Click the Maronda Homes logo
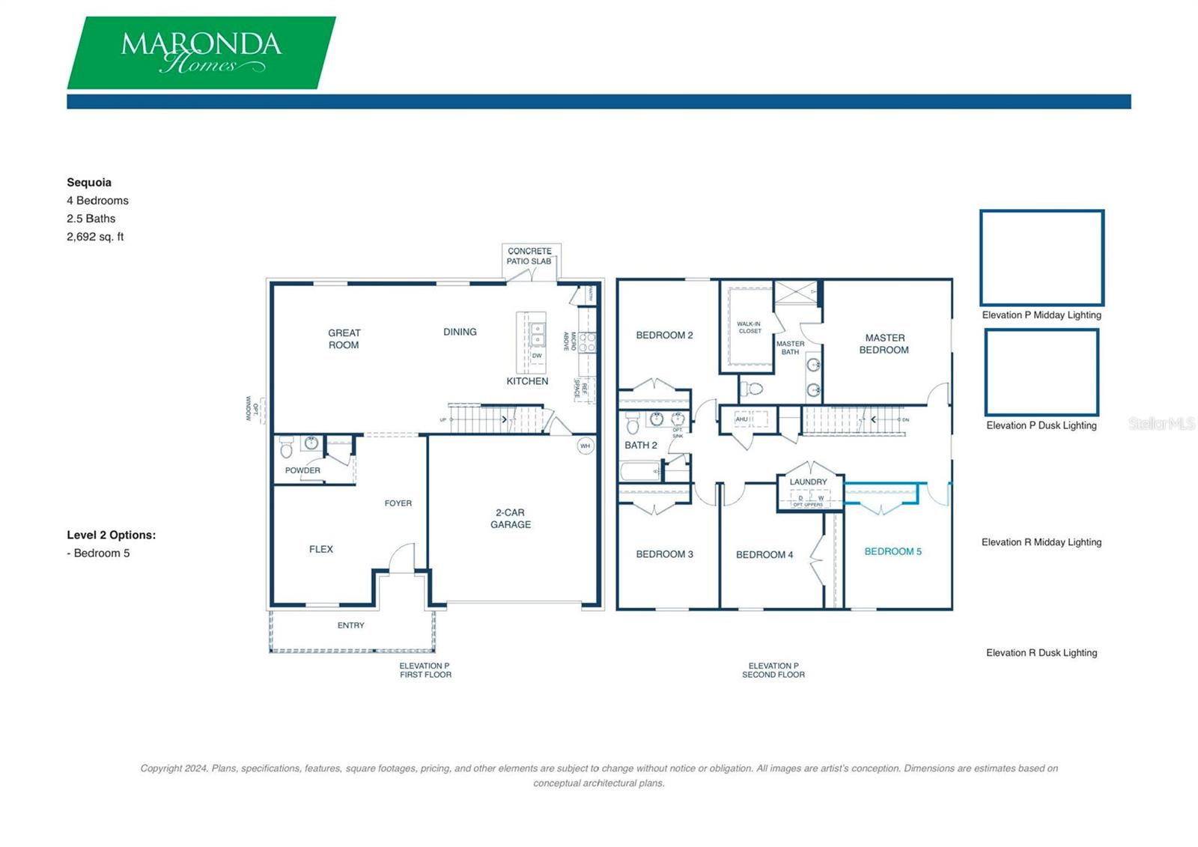(x=201, y=52)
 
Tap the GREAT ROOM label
(x=344, y=339)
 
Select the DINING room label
(x=460, y=332)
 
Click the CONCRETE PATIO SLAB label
(x=529, y=256)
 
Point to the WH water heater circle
(x=586, y=446)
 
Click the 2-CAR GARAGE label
(x=511, y=518)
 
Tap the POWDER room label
(x=302, y=470)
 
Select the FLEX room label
(x=321, y=549)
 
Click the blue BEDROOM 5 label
(x=893, y=551)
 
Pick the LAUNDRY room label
(x=808, y=482)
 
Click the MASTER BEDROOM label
(x=884, y=344)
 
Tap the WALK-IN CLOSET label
(x=749, y=327)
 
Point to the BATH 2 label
(x=641, y=445)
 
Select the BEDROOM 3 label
(x=664, y=554)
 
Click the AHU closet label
(x=741, y=419)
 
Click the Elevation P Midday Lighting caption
(x=1042, y=315)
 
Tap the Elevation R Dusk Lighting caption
(x=1042, y=653)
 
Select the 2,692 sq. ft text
(x=95, y=237)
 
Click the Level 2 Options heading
(x=111, y=535)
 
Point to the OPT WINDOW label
(x=252, y=409)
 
